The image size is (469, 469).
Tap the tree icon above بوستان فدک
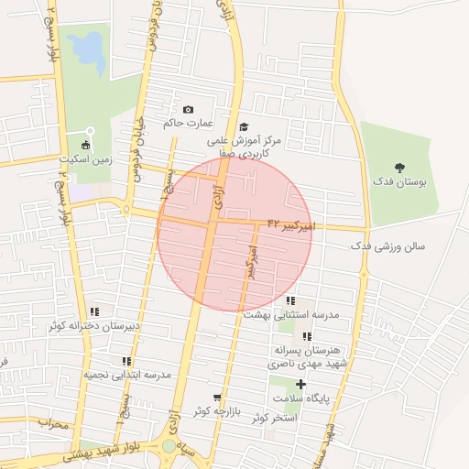[399, 167]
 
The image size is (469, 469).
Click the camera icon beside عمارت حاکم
[189, 110]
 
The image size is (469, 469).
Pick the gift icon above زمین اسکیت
[86, 145]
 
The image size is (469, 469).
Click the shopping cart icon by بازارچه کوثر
[217, 397]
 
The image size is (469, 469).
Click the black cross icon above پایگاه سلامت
[300, 384]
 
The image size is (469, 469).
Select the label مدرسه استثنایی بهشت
[291, 314]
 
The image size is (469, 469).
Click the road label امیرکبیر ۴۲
[291, 224]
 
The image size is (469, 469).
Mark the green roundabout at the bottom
[169, 447]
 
